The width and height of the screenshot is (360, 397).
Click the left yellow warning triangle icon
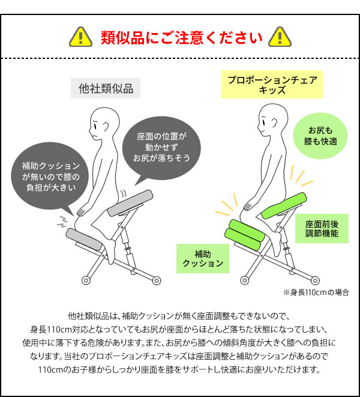pos(81,37)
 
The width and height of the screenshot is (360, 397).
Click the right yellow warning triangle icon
pos(280,37)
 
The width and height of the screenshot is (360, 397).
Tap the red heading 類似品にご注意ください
pos(182,37)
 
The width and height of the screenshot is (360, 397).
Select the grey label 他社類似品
pos(106,88)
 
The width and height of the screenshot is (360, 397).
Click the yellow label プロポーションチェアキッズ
pos(272,84)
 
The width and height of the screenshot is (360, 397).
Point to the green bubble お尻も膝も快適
pos(320,136)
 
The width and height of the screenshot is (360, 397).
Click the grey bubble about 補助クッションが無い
pos(50,177)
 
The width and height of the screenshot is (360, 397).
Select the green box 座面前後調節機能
pos(322,228)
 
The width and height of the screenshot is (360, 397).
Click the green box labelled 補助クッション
pos(203,258)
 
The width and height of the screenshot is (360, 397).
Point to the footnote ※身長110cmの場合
pos(316,292)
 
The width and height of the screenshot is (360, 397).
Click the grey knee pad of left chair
pos(84,239)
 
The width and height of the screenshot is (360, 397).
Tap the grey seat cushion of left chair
pos(130,204)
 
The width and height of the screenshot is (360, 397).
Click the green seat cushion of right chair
pos(284,205)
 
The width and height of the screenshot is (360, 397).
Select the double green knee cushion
pos(245,234)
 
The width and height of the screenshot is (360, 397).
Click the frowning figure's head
pos(104,123)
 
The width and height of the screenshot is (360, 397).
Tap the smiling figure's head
pos(273,120)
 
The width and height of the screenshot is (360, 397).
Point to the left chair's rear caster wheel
pos(157,280)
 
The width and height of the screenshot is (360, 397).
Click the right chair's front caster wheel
pos(244,280)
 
